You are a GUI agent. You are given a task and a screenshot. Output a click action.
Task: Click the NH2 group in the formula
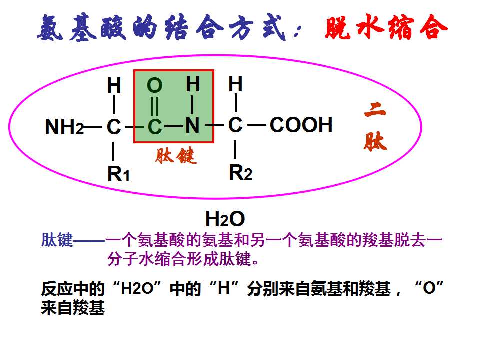click(x=64, y=126)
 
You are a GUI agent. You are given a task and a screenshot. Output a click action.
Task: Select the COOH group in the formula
click(x=301, y=125)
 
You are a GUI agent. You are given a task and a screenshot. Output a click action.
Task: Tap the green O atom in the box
click(x=154, y=85)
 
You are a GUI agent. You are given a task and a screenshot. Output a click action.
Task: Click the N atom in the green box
click(x=192, y=125)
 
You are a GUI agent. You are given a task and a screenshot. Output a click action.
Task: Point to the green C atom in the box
click(x=155, y=126)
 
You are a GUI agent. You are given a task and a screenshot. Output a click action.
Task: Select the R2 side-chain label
click(x=240, y=172)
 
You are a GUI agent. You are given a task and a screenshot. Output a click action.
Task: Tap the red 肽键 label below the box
click(x=175, y=156)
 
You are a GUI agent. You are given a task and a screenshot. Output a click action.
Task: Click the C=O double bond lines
click(x=155, y=106)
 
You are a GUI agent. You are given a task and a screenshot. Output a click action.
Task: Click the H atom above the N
click(x=193, y=84)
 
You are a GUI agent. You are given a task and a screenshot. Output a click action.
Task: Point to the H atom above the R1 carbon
click(x=114, y=85)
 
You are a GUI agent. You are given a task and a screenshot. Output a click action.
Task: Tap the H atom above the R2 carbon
click(x=235, y=84)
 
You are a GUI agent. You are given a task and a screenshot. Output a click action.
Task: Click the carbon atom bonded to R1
click(x=114, y=126)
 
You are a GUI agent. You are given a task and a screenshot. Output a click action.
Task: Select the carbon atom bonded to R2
click(x=235, y=125)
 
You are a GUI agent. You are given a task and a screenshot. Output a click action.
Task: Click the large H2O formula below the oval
click(x=225, y=219)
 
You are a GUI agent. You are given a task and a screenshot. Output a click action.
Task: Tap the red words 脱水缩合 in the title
click(x=386, y=27)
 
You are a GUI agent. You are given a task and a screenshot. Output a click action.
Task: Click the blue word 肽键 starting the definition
click(x=57, y=239)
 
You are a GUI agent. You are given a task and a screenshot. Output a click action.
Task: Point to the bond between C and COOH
click(x=257, y=125)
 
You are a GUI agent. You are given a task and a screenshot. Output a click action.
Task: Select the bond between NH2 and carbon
click(x=93, y=126)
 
